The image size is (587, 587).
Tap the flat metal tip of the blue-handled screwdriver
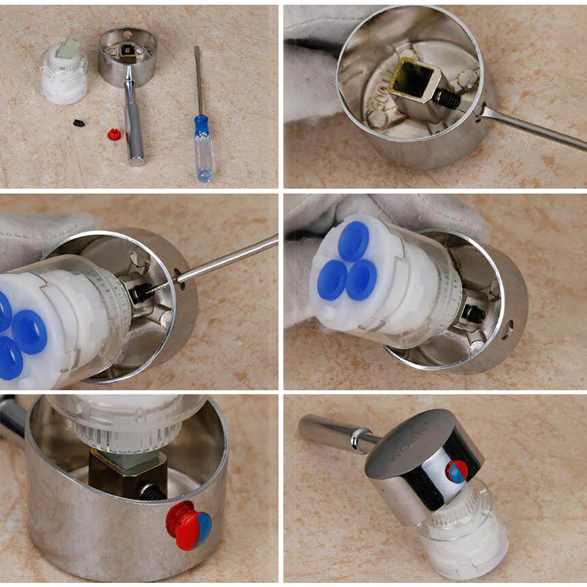197,50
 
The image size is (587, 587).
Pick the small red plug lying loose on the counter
113,134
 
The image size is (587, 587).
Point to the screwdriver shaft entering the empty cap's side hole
528,126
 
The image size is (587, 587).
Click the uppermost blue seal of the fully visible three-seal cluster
353,241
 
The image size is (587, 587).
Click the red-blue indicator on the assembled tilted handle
456,471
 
